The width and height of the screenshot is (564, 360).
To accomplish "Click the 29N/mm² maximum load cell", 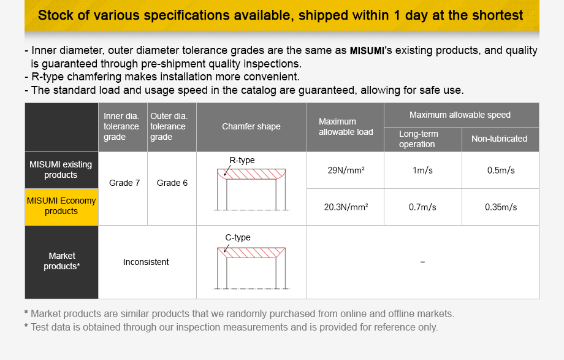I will pyautogui.click(x=346, y=170).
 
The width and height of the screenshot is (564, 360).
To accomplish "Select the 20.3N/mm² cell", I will pyautogui.click(x=346, y=207).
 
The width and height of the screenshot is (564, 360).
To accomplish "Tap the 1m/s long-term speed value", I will pyautogui.click(x=422, y=170).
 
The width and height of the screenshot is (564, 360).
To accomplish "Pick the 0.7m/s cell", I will pyautogui.click(x=422, y=207).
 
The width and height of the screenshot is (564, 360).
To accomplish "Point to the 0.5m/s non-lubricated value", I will pyautogui.click(x=501, y=170).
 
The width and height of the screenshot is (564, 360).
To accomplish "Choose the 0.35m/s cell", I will pyautogui.click(x=501, y=207).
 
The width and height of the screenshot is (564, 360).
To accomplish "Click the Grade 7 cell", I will pyautogui.click(x=124, y=183).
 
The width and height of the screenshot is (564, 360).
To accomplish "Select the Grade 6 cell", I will pyautogui.click(x=172, y=183).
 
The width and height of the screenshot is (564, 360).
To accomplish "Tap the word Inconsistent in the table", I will pyautogui.click(x=146, y=262).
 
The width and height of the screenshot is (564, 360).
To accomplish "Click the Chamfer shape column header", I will pyautogui.click(x=251, y=127).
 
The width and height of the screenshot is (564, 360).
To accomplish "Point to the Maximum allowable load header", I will pyautogui.click(x=346, y=127).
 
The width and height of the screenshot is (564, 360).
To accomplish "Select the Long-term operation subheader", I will pyautogui.click(x=419, y=139).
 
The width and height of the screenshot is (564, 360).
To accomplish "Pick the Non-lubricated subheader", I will pyautogui.click(x=499, y=139).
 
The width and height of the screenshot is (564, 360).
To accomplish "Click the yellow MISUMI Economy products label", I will pyautogui.click(x=61, y=206).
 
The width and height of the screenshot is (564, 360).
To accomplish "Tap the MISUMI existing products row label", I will pyautogui.click(x=61, y=170).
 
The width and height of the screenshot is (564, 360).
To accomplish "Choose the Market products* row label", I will pyautogui.click(x=62, y=261).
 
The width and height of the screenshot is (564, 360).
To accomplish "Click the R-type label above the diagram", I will pyautogui.click(x=242, y=161).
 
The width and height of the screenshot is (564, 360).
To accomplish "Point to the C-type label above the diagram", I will pyautogui.click(x=238, y=238).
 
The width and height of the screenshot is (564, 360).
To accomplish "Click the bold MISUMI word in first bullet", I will pyautogui.click(x=367, y=51).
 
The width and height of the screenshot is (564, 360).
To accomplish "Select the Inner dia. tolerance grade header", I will pyautogui.click(x=121, y=126).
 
